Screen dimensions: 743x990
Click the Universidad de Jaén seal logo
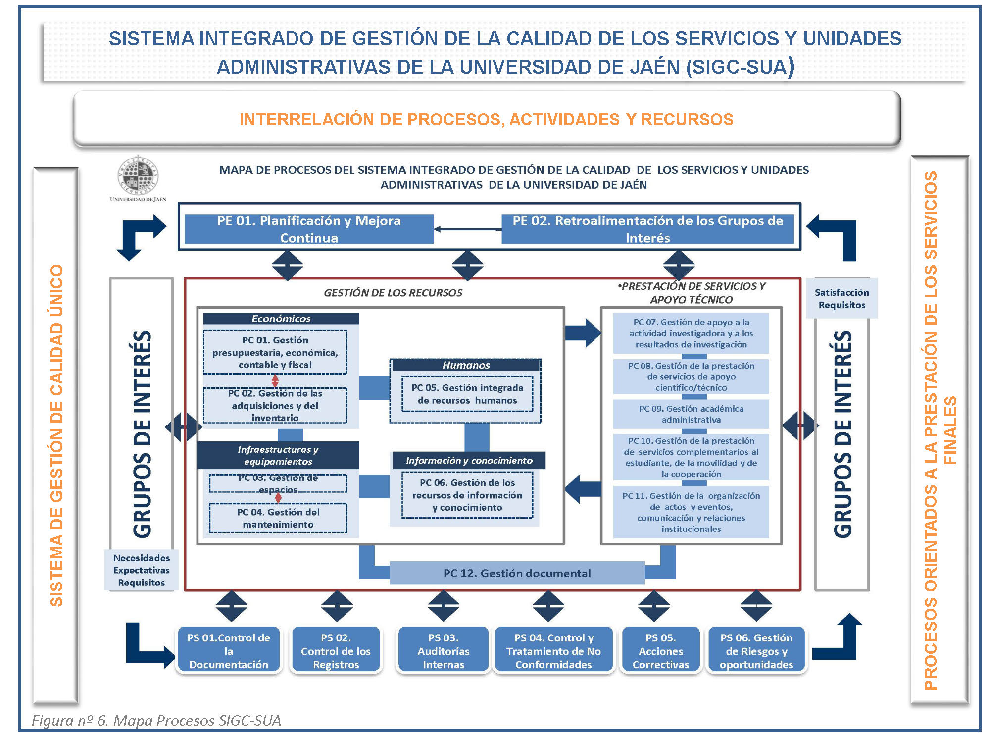[x=138, y=176]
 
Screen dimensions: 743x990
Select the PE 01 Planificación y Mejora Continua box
[x=309, y=229]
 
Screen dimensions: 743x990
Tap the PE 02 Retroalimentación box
[x=647, y=229]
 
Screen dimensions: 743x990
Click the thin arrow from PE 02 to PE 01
[x=467, y=229]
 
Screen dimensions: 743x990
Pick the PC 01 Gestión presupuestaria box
[x=275, y=352]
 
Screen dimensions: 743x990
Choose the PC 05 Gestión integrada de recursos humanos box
[x=467, y=394]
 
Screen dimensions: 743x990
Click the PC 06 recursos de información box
[x=467, y=495]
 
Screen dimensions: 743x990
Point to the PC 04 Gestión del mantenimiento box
[x=278, y=518]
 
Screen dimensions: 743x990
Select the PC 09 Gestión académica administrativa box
[x=691, y=414]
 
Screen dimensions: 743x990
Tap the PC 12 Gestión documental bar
[x=517, y=573]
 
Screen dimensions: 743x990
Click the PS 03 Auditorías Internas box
[x=444, y=651]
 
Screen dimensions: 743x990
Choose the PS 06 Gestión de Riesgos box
[x=756, y=651]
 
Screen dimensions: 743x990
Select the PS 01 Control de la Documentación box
[x=229, y=651]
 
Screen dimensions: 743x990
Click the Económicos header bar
[x=281, y=319]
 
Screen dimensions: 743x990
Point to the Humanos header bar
[x=466, y=365]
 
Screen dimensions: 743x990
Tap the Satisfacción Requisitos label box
[x=841, y=299]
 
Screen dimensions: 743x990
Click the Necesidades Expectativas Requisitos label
[x=142, y=570]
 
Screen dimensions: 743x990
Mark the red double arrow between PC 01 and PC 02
[x=275, y=381]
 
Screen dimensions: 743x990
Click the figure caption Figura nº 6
[x=156, y=720]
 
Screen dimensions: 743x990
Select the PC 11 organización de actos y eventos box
[x=691, y=512]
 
